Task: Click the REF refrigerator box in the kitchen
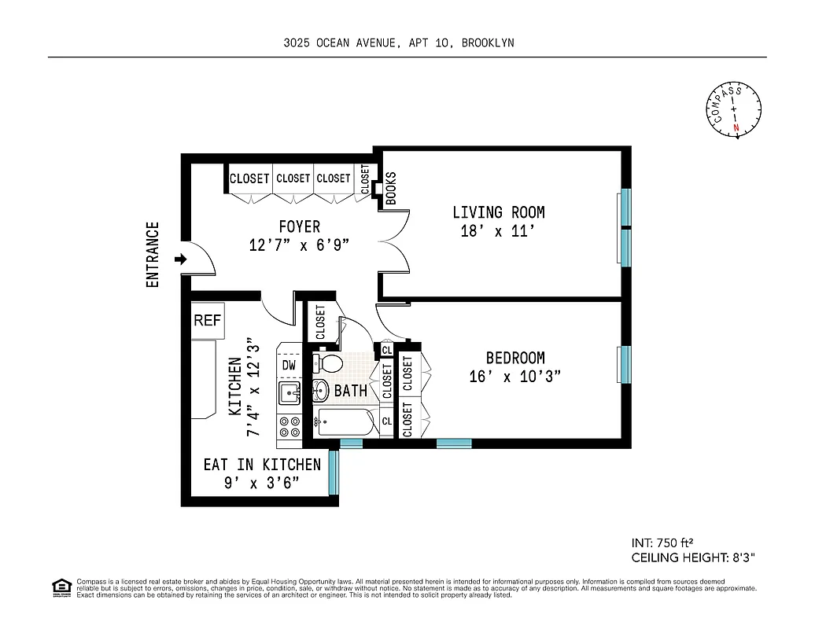click(x=208, y=321)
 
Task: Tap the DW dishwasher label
click(x=288, y=365)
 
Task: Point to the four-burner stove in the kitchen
click(x=289, y=426)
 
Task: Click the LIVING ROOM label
click(x=498, y=212)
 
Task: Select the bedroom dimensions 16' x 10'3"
click(x=514, y=377)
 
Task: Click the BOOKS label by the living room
click(x=391, y=189)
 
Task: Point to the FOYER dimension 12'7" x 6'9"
click(x=298, y=245)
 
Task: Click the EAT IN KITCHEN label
click(x=262, y=465)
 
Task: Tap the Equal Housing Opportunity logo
click(x=61, y=586)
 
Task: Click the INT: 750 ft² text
click(x=662, y=543)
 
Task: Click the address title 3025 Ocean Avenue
click(x=398, y=43)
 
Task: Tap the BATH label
click(x=350, y=390)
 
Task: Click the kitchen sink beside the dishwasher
click(x=289, y=392)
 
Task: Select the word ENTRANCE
click(x=153, y=254)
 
